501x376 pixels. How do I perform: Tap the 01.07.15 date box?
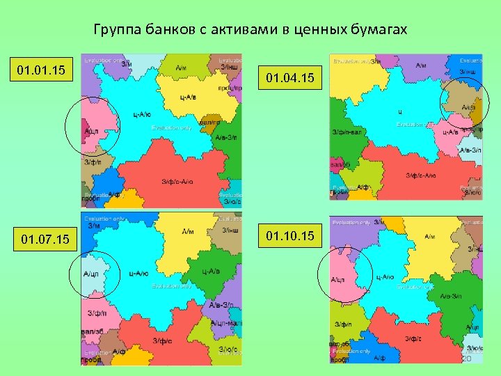[x=45, y=240]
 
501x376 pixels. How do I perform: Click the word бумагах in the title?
[x=376, y=30]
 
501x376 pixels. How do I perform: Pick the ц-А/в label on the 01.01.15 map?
[x=188, y=97]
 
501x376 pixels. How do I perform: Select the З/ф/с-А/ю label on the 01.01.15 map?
[x=177, y=182]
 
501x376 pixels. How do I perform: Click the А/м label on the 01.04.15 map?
[x=421, y=65]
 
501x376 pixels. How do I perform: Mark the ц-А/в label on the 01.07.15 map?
[x=211, y=271]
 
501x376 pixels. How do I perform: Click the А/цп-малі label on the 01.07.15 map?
[x=225, y=322]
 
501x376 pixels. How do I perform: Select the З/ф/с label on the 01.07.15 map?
[x=162, y=340]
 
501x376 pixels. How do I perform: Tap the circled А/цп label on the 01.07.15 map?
[x=91, y=274]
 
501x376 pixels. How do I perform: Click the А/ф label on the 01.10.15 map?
[x=379, y=357]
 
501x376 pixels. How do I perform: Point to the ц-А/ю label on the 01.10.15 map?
[x=385, y=276]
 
